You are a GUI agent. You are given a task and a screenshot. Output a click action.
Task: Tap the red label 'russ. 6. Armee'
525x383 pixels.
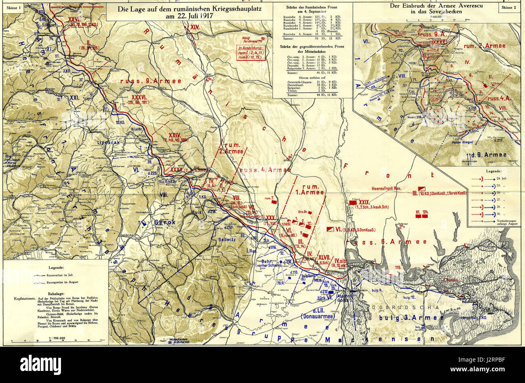click(x=387, y=242)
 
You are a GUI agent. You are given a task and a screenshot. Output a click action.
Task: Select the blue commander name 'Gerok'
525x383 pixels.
click(x=164, y=222)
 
